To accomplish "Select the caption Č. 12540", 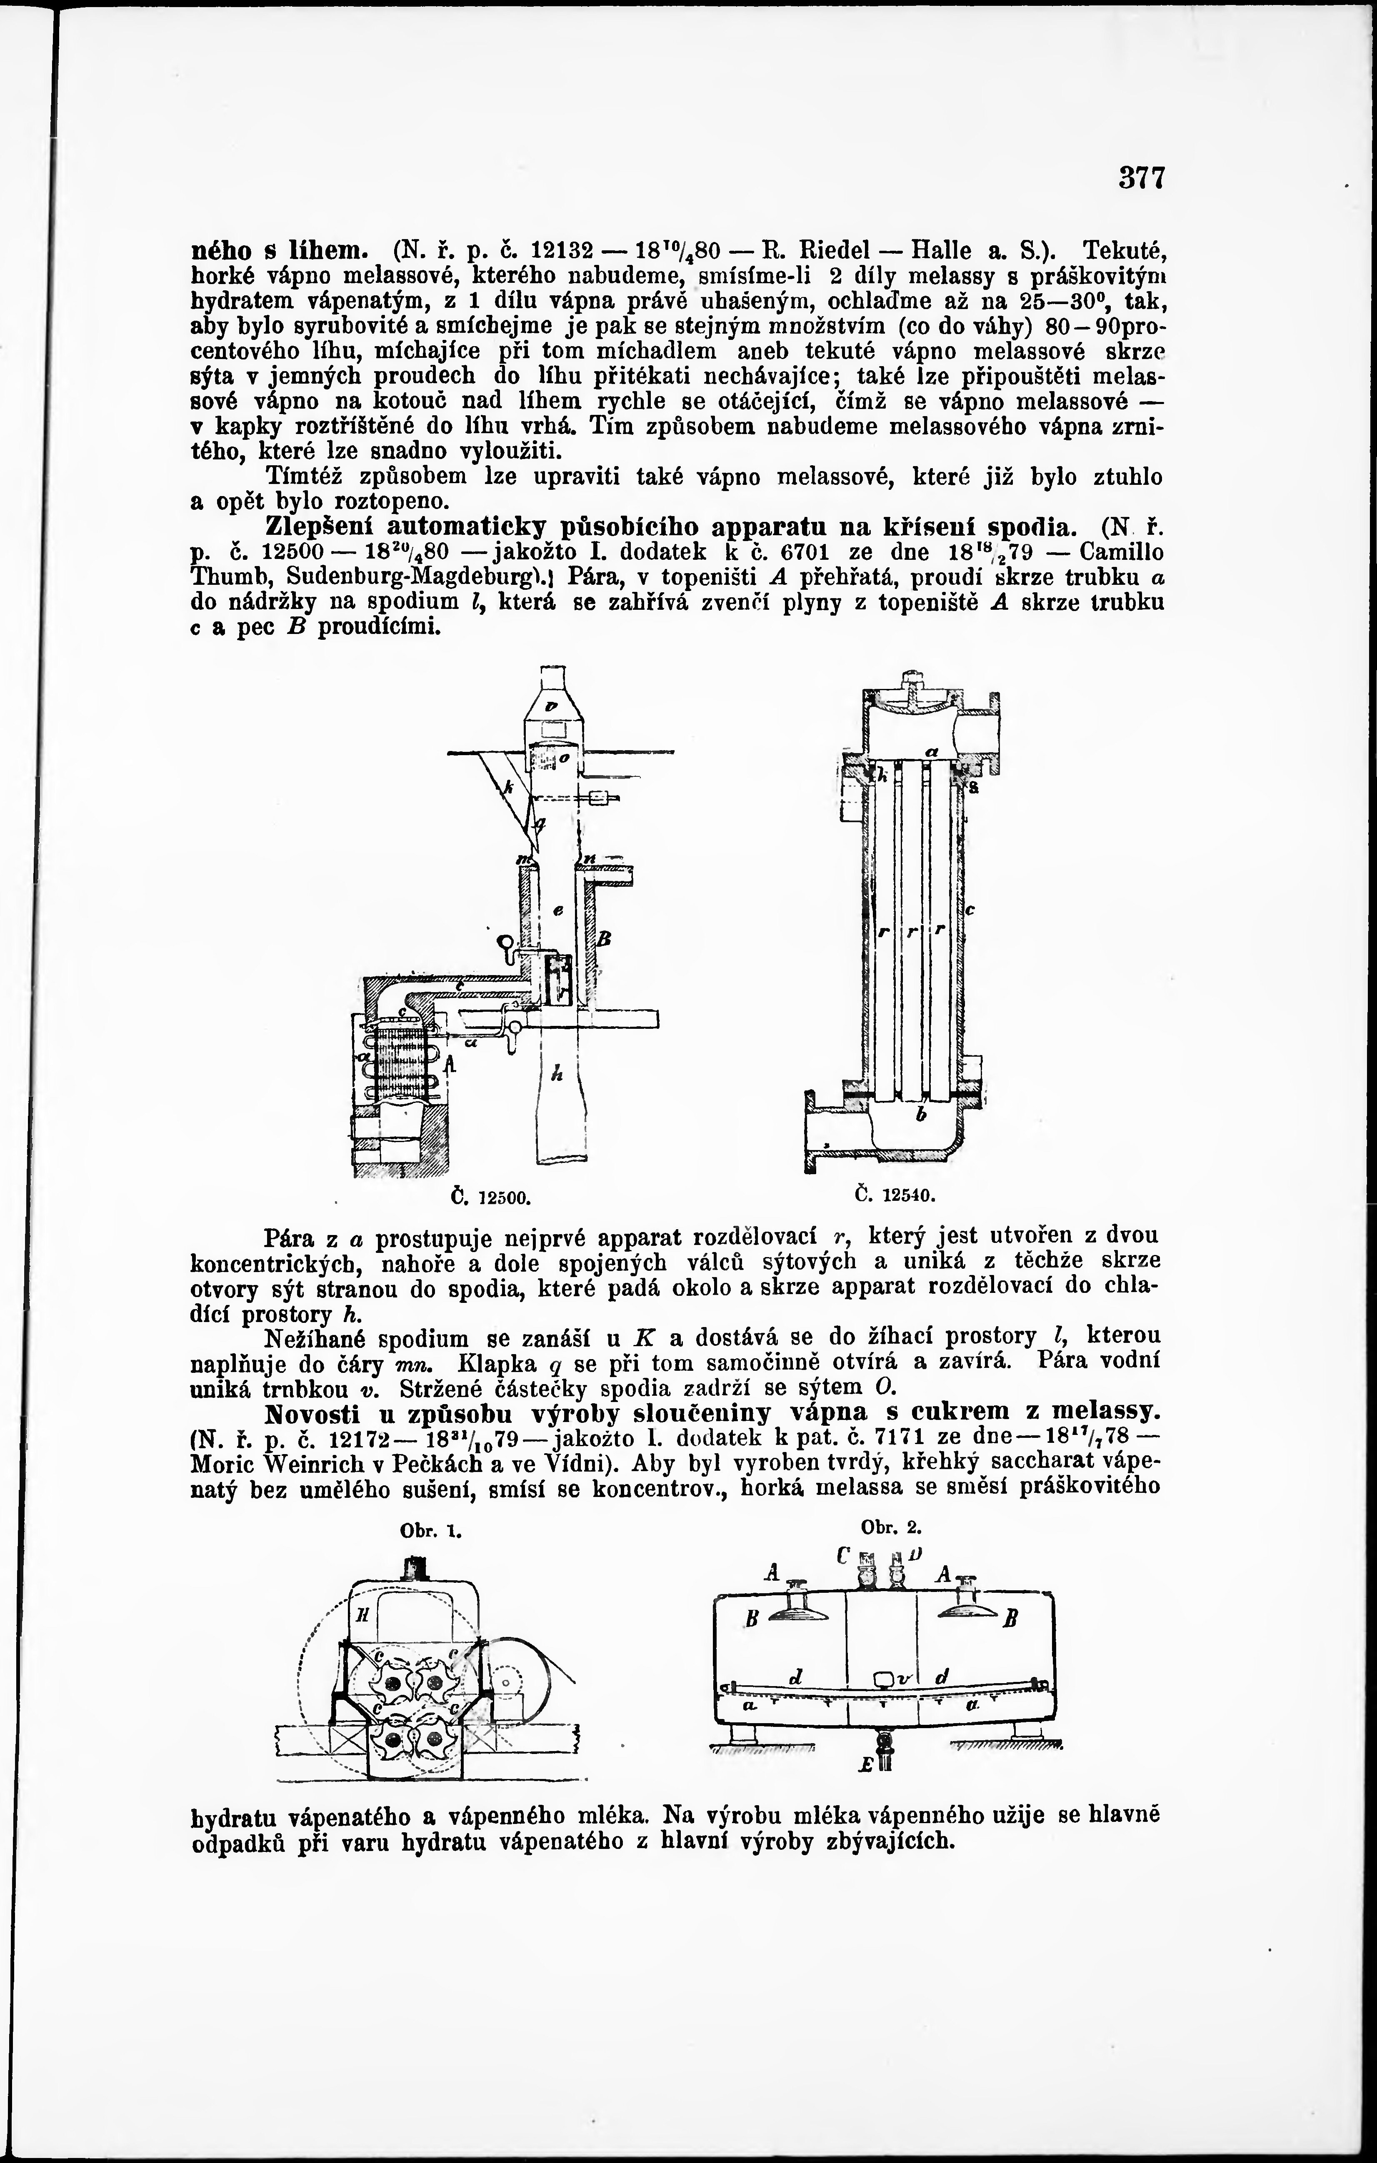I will click(x=895, y=1195).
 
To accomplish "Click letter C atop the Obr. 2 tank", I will click(x=842, y=1554).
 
